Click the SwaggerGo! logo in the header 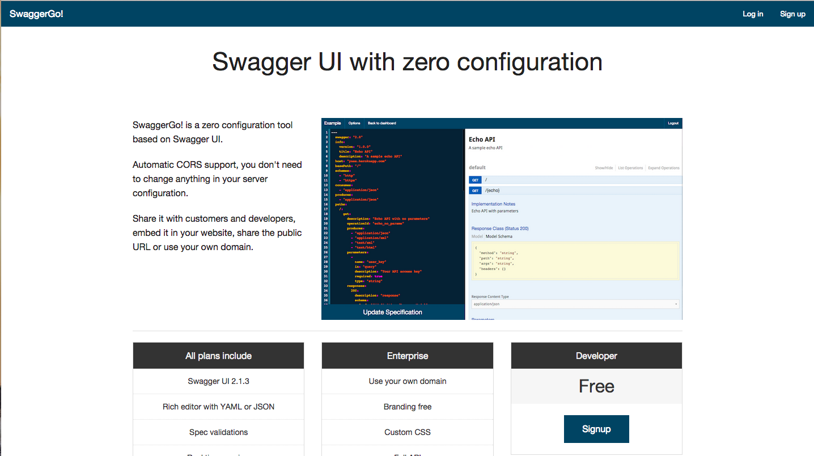click(36, 14)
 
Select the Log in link click(753, 14)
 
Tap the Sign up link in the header click(792, 14)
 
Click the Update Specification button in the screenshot click(393, 312)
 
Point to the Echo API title click(482, 140)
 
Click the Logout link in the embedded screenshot click(673, 123)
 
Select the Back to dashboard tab click(382, 123)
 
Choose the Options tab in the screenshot click(354, 123)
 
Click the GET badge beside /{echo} click(476, 190)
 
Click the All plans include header click(218, 356)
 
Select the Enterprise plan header click(408, 356)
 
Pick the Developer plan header click(596, 356)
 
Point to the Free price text click(596, 386)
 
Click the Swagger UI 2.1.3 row click(218, 381)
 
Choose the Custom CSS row click(408, 432)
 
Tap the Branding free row click(408, 407)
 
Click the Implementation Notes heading click(493, 204)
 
